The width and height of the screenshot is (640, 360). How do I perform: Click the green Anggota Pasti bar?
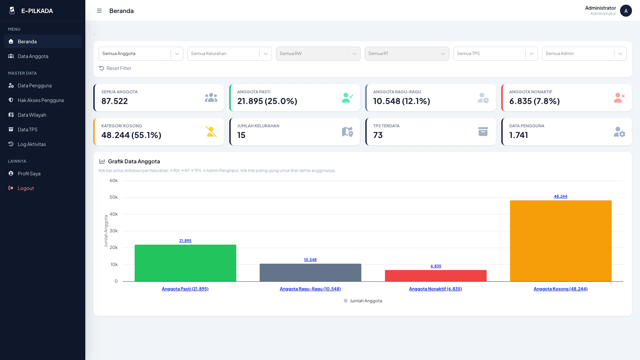pos(185,263)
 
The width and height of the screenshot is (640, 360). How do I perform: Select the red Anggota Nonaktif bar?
pos(436,276)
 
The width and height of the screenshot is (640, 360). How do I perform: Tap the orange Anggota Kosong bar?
pos(561,241)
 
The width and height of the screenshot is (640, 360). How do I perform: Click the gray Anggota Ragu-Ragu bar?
pos(310,273)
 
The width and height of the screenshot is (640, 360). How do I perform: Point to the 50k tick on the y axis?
pos(113,197)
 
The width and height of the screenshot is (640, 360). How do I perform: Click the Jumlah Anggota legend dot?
pos(346,301)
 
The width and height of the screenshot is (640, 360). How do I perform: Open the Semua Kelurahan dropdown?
pos(230,54)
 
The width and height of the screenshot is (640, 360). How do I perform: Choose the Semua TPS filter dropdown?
pos(496,54)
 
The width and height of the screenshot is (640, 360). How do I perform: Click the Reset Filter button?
pos(115,68)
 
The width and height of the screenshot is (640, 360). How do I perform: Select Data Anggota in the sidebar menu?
pos(33,56)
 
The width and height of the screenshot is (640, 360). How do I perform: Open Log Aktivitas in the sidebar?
pos(32,144)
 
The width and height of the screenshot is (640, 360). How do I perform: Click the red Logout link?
pos(26,188)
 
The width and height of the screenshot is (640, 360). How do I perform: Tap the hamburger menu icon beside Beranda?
pos(99,11)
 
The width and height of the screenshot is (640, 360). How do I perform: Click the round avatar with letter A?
pos(626,11)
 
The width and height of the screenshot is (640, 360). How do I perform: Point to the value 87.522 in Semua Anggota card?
pos(115,101)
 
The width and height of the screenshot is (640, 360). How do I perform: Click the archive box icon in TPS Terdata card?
pos(483,132)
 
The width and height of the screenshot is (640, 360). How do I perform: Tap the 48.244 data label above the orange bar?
pos(561,196)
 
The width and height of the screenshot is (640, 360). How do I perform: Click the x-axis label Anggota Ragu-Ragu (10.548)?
pos(310,289)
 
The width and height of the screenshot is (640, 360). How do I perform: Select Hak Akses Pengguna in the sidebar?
pos(41,100)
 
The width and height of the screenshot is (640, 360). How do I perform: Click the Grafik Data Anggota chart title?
pos(134,161)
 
